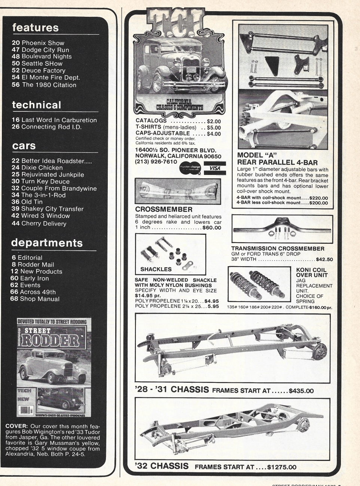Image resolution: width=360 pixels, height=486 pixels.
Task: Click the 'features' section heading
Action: click(36, 28)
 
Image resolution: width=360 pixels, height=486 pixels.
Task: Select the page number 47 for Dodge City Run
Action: click(16, 50)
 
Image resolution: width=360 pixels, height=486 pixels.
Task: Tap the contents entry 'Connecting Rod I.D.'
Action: click(51, 127)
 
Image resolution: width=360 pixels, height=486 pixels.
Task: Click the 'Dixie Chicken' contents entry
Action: click(42, 168)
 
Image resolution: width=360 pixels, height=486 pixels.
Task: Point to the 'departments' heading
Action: click(47, 243)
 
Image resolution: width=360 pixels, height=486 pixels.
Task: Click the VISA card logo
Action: click(215, 168)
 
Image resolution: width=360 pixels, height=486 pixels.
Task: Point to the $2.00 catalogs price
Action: click(214, 121)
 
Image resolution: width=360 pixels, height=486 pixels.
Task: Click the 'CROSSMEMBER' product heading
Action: click(164, 209)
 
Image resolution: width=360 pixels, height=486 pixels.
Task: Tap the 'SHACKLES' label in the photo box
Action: click(156, 269)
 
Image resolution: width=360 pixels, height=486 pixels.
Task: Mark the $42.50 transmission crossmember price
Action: click(324, 259)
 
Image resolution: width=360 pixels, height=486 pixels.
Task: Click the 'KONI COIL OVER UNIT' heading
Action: click(312, 272)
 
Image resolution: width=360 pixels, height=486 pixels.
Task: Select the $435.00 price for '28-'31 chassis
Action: click(301, 391)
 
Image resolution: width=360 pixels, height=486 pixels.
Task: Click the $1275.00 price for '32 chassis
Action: click(281, 467)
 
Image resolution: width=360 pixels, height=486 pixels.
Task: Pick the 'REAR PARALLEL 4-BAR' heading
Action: click(277, 162)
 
